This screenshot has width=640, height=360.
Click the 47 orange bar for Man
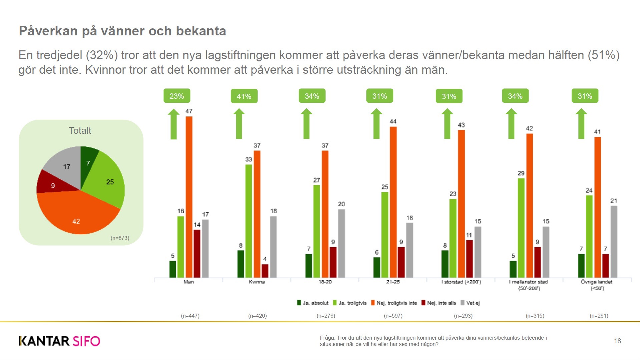pyautogui.click(x=189, y=197)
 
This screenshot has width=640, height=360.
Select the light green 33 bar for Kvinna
pyautogui.click(x=249, y=221)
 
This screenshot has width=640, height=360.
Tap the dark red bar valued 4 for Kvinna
pyautogui.click(x=265, y=271)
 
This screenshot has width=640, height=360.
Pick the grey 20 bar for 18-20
pyautogui.click(x=341, y=243)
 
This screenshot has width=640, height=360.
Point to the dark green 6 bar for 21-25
pyautogui.click(x=377, y=267)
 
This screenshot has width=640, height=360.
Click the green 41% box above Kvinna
pyautogui.click(x=244, y=96)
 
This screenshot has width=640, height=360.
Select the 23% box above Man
pyautogui.click(x=177, y=96)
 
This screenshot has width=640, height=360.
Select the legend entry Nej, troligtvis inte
pyautogui.click(x=397, y=303)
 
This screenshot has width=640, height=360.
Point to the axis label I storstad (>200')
pyautogui.click(x=461, y=282)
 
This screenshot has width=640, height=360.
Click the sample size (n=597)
pyautogui.click(x=393, y=316)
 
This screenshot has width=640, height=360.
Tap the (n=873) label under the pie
pyautogui.click(x=120, y=238)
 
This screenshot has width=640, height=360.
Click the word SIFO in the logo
pyautogui.click(x=86, y=341)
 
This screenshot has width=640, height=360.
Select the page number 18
pyautogui.click(x=617, y=341)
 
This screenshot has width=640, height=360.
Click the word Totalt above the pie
pyautogui.click(x=80, y=131)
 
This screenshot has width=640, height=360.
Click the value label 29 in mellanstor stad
pyautogui.click(x=521, y=173)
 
